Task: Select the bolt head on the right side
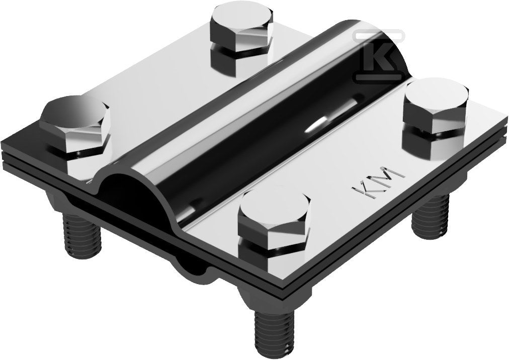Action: [x=436, y=105]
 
